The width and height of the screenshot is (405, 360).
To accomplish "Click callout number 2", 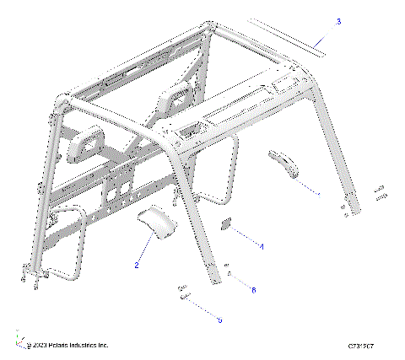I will point(136,266).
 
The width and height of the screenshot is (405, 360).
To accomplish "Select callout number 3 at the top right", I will point(338,20).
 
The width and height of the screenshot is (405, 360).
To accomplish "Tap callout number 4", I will point(262,246).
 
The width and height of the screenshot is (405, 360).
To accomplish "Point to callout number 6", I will point(251,289).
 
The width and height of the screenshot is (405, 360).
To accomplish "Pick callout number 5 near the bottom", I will point(219,320).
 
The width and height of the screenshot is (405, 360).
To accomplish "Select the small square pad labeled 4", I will point(227,225).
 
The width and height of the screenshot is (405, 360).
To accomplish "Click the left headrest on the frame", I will point(87,146).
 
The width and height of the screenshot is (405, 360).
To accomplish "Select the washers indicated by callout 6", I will point(229,271).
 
